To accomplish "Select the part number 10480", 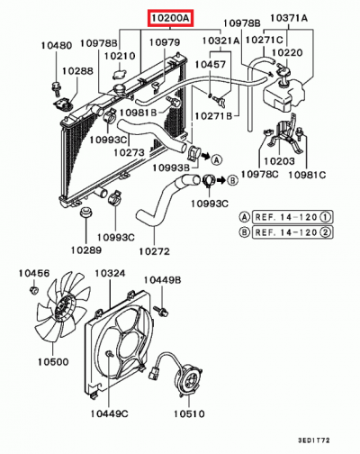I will coord(56,46).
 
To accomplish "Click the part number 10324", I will coord(111,272).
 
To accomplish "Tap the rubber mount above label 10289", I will coord(87,213).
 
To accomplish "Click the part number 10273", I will coord(155,152).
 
